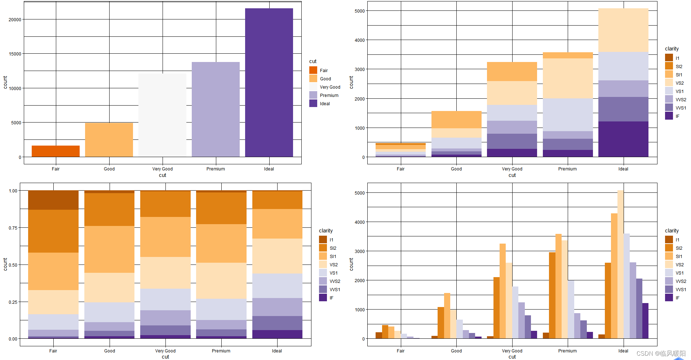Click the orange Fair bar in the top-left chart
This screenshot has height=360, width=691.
click(x=56, y=151)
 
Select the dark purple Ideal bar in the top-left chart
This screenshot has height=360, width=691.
click(x=269, y=83)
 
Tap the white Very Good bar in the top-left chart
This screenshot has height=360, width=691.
click(x=162, y=115)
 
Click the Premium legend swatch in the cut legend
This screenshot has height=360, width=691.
click(x=313, y=95)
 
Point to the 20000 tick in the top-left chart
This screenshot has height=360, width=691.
click(x=15, y=19)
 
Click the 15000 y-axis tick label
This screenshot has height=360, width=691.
click(x=15, y=54)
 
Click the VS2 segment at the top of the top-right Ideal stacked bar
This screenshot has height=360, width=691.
click(x=623, y=30)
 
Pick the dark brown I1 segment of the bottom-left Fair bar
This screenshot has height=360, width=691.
click(x=53, y=200)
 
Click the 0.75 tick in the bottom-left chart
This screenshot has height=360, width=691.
click(x=13, y=228)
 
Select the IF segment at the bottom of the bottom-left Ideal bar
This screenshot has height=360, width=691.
click(x=277, y=334)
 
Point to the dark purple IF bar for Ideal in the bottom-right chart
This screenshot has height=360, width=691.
click(x=645, y=320)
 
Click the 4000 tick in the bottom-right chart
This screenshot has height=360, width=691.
click(x=360, y=222)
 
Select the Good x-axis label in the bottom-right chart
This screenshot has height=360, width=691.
click(x=456, y=351)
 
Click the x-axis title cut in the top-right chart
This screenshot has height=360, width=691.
click(x=512, y=175)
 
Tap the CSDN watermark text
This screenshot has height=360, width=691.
click(x=661, y=353)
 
